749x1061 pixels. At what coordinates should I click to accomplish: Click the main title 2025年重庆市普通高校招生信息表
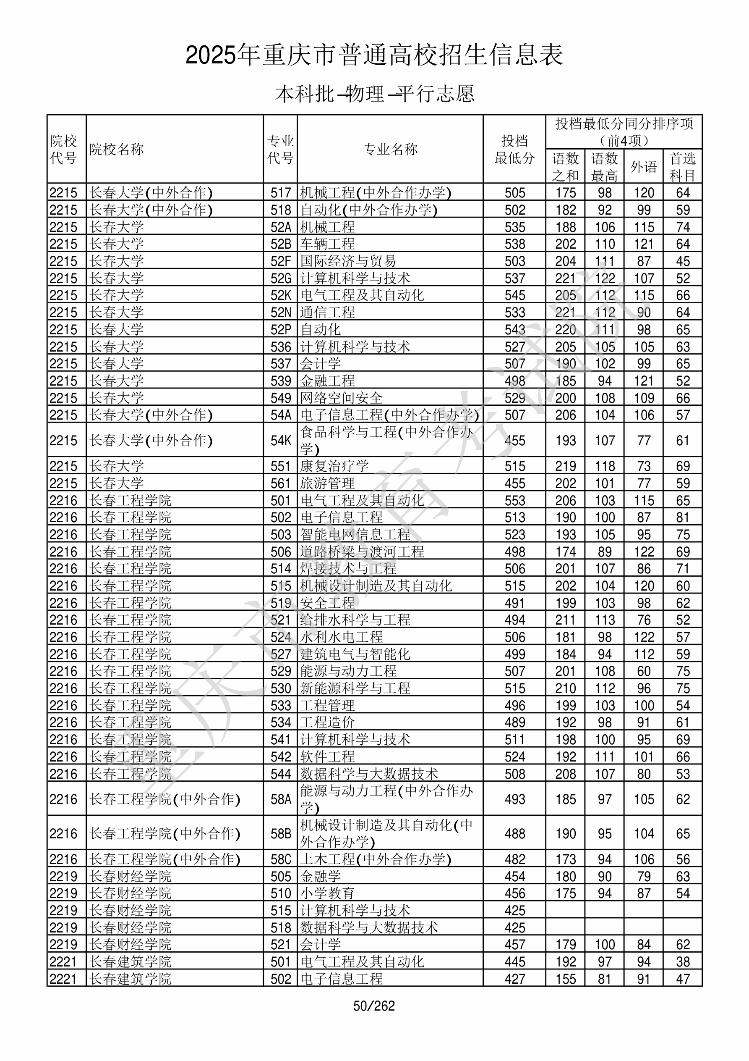[374, 55]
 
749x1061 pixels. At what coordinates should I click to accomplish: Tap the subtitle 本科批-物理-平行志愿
[374, 94]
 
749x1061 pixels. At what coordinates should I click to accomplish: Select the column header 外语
[643, 167]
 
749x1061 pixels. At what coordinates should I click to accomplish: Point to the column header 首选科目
[683, 167]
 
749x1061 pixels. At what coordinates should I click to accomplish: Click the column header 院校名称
[117, 149]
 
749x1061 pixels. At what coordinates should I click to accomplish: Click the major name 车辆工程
[327, 244]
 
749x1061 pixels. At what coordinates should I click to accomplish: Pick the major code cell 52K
[281, 295]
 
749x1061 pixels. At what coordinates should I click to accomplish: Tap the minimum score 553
[514, 500]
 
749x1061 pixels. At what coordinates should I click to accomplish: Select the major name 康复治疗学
[334, 466]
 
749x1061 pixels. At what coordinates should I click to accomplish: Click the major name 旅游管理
[327, 483]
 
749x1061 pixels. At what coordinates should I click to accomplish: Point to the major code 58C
[281, 859]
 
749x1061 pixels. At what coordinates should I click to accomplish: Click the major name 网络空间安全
[341, 398]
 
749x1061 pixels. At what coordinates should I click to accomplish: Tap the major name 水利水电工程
[341, 637]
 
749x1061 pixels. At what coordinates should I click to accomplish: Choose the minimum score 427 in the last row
[514, 979]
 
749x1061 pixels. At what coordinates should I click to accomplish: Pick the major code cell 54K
[281, 440]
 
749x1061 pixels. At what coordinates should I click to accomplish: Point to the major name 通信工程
[327, 313]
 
